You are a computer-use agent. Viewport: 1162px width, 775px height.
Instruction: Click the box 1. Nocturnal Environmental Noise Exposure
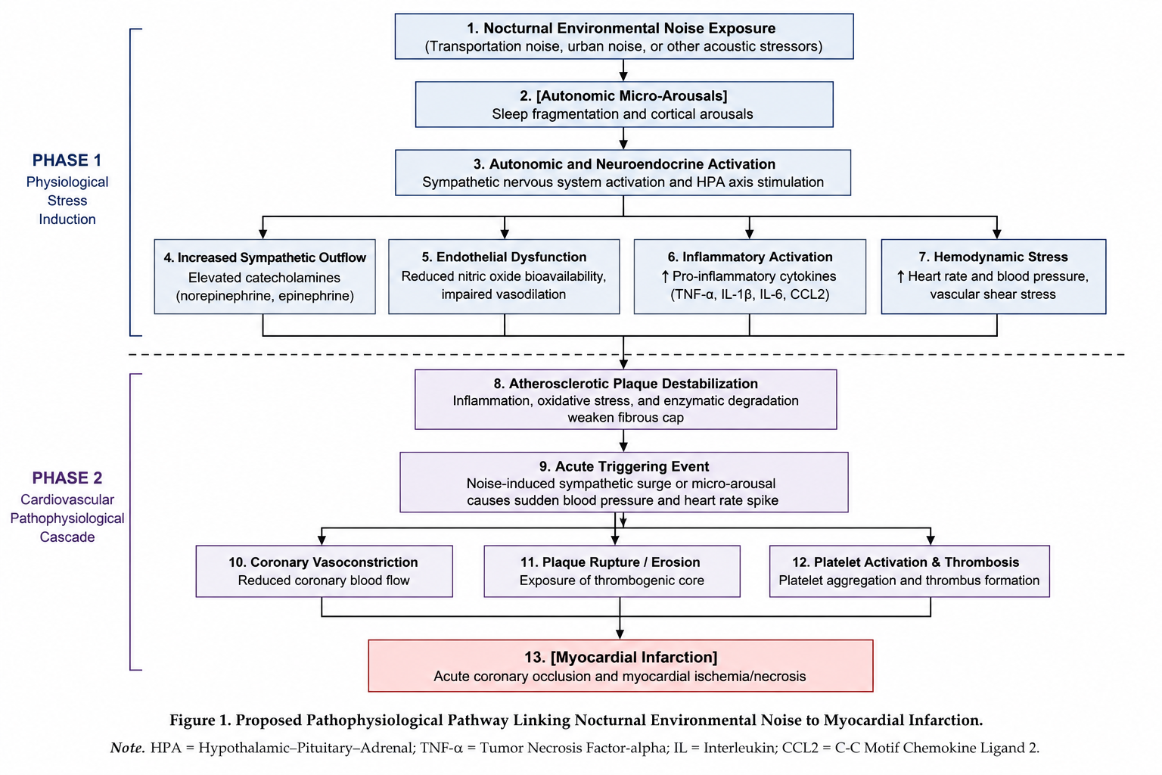coord(624,36)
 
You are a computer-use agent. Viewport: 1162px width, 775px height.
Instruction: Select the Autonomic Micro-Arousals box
coord(624,104)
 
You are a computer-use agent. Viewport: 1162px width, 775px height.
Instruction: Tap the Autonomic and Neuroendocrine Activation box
coord(623,173)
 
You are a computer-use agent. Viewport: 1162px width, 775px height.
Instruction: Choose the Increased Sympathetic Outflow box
coord(265,277)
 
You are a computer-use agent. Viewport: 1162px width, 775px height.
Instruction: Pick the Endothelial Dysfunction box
coord(505,277)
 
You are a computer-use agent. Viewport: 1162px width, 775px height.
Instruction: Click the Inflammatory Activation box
coord(750,277)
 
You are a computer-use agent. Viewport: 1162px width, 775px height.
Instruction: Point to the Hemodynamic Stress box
coord(993,277)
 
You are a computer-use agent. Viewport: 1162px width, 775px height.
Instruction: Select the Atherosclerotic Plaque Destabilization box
coord(626,400)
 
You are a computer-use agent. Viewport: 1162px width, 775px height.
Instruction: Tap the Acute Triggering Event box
coord(624,482)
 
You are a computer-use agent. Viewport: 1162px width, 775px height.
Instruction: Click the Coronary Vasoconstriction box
coord(325,571)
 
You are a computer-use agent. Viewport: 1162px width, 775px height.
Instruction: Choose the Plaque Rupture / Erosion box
coord(612,571)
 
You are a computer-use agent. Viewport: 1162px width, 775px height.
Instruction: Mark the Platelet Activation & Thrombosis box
coord(909,571)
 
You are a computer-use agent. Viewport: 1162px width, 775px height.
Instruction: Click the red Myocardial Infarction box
coord(620,665)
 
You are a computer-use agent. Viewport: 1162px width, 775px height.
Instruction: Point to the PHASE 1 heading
coord(67,160)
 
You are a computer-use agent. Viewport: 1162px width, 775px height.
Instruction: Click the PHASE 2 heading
coord(67,478)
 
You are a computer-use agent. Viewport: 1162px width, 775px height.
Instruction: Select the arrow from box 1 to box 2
coord(623,70)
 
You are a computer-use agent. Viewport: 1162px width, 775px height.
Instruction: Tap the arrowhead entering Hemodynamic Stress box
coord(996,234)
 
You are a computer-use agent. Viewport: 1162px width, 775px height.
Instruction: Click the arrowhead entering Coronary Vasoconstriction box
coord(322,540)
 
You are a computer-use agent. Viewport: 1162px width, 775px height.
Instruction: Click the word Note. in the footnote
coord(127,748)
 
